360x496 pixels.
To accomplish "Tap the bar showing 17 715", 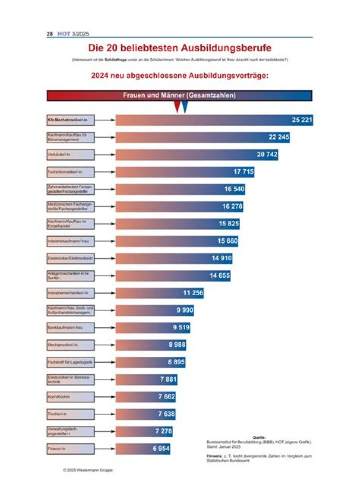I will click(x=185, y=172).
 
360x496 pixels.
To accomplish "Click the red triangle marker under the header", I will click(x=177, y=106).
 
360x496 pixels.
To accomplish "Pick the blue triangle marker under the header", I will click(x=185, y=106).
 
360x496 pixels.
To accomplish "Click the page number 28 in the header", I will click(x=50, y=34).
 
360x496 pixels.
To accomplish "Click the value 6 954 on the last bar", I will click(x=161, y=449).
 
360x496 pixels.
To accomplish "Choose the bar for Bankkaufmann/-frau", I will click(x=153, y=327).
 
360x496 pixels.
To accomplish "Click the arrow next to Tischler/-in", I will click(x=105, y=414).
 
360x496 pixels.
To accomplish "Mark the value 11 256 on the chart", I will click(x=193, y=293).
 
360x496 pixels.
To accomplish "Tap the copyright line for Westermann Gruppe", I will click(x=88, y=470).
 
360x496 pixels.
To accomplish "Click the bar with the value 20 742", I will click(x=197, y=155).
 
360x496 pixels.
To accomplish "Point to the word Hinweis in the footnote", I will click(x=215, y=456).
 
